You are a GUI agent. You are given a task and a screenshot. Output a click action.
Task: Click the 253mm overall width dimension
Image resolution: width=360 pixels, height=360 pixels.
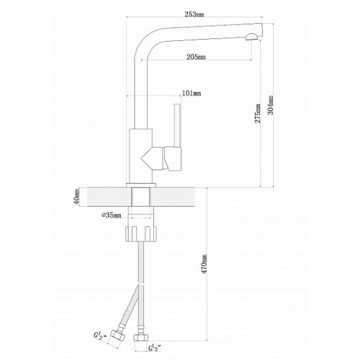tap(194, 14)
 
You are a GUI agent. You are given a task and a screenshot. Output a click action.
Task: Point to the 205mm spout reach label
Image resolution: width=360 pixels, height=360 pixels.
tap(196, 57)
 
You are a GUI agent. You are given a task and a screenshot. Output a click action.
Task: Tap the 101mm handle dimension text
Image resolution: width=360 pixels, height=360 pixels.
tap(192, 93)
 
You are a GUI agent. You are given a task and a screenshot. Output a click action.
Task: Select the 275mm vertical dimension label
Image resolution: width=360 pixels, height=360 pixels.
tap(258, 113)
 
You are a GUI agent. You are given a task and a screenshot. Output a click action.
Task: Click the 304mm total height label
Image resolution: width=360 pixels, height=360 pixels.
tap(271, 105)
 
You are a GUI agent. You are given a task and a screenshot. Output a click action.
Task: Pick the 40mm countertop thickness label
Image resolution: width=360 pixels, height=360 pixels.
tap(77, 197)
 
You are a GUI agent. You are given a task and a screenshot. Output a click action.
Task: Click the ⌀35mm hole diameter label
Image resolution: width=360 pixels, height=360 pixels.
tap(112, 215)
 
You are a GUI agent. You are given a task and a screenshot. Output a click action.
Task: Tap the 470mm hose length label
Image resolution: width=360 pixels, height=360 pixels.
tap(204, 264)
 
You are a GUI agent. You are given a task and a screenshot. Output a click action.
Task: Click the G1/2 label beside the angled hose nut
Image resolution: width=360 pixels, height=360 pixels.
tap(99, 336)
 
